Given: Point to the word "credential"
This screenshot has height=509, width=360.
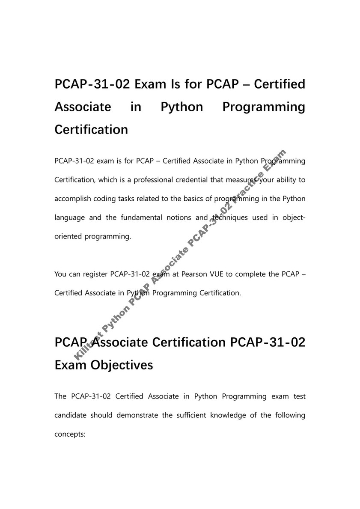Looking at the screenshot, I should [191, 180].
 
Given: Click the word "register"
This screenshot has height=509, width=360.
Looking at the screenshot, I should [95, 274].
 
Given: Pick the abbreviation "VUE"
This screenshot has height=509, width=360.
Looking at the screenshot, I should [219, 274].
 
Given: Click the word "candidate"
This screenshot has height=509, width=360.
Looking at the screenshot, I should [71, 415].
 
